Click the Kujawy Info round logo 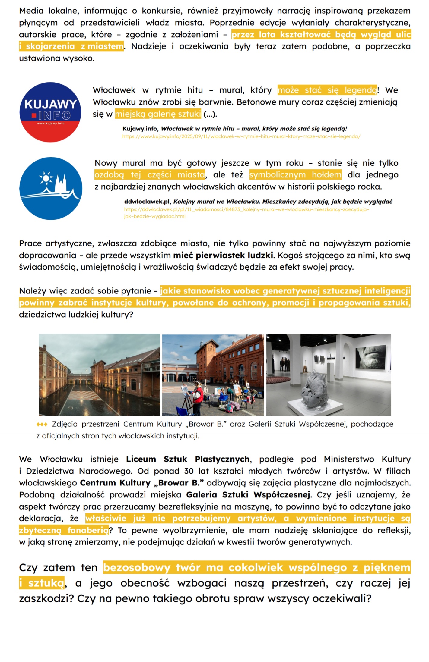click(x=50, y=112)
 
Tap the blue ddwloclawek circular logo click(x=51, y=188)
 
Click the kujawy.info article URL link click(x=241, y=136)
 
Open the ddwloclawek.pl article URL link click(x=246, y=209)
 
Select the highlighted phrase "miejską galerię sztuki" click(x=158, y=114)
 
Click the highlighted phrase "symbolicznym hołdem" click(x=295, y=175)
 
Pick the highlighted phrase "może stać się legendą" click(x=327, y=90)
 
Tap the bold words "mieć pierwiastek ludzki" click(x=223, y=255)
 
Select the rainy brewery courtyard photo click(x=99, y=375)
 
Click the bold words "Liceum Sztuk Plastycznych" click(x=188, y=459)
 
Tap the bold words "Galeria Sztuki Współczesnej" click(x=248, y=495)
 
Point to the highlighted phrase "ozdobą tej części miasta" click(x=150, y=175)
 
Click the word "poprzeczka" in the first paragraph click(x=388, y=46)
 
